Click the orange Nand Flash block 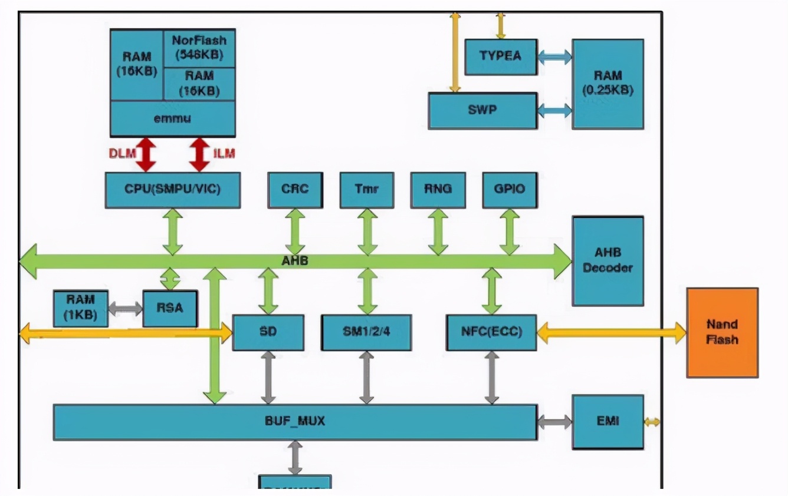[722, 332]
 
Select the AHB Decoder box [608, 260]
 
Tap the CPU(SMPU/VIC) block [172, 190]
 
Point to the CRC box [295, 190]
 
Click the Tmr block [367, 190]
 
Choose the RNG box [438, 190]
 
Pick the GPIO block [510, 190]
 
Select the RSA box [170, 307]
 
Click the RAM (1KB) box [80, 307]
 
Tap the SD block [268, 332]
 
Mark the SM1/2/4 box [366, 332]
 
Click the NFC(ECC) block [491, 332]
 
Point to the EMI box [608, 422]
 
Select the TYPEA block [501, 57]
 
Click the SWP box [482, 110]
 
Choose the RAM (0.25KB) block [608, 84]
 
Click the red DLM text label [122, 154]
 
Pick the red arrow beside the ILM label [199, 154]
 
